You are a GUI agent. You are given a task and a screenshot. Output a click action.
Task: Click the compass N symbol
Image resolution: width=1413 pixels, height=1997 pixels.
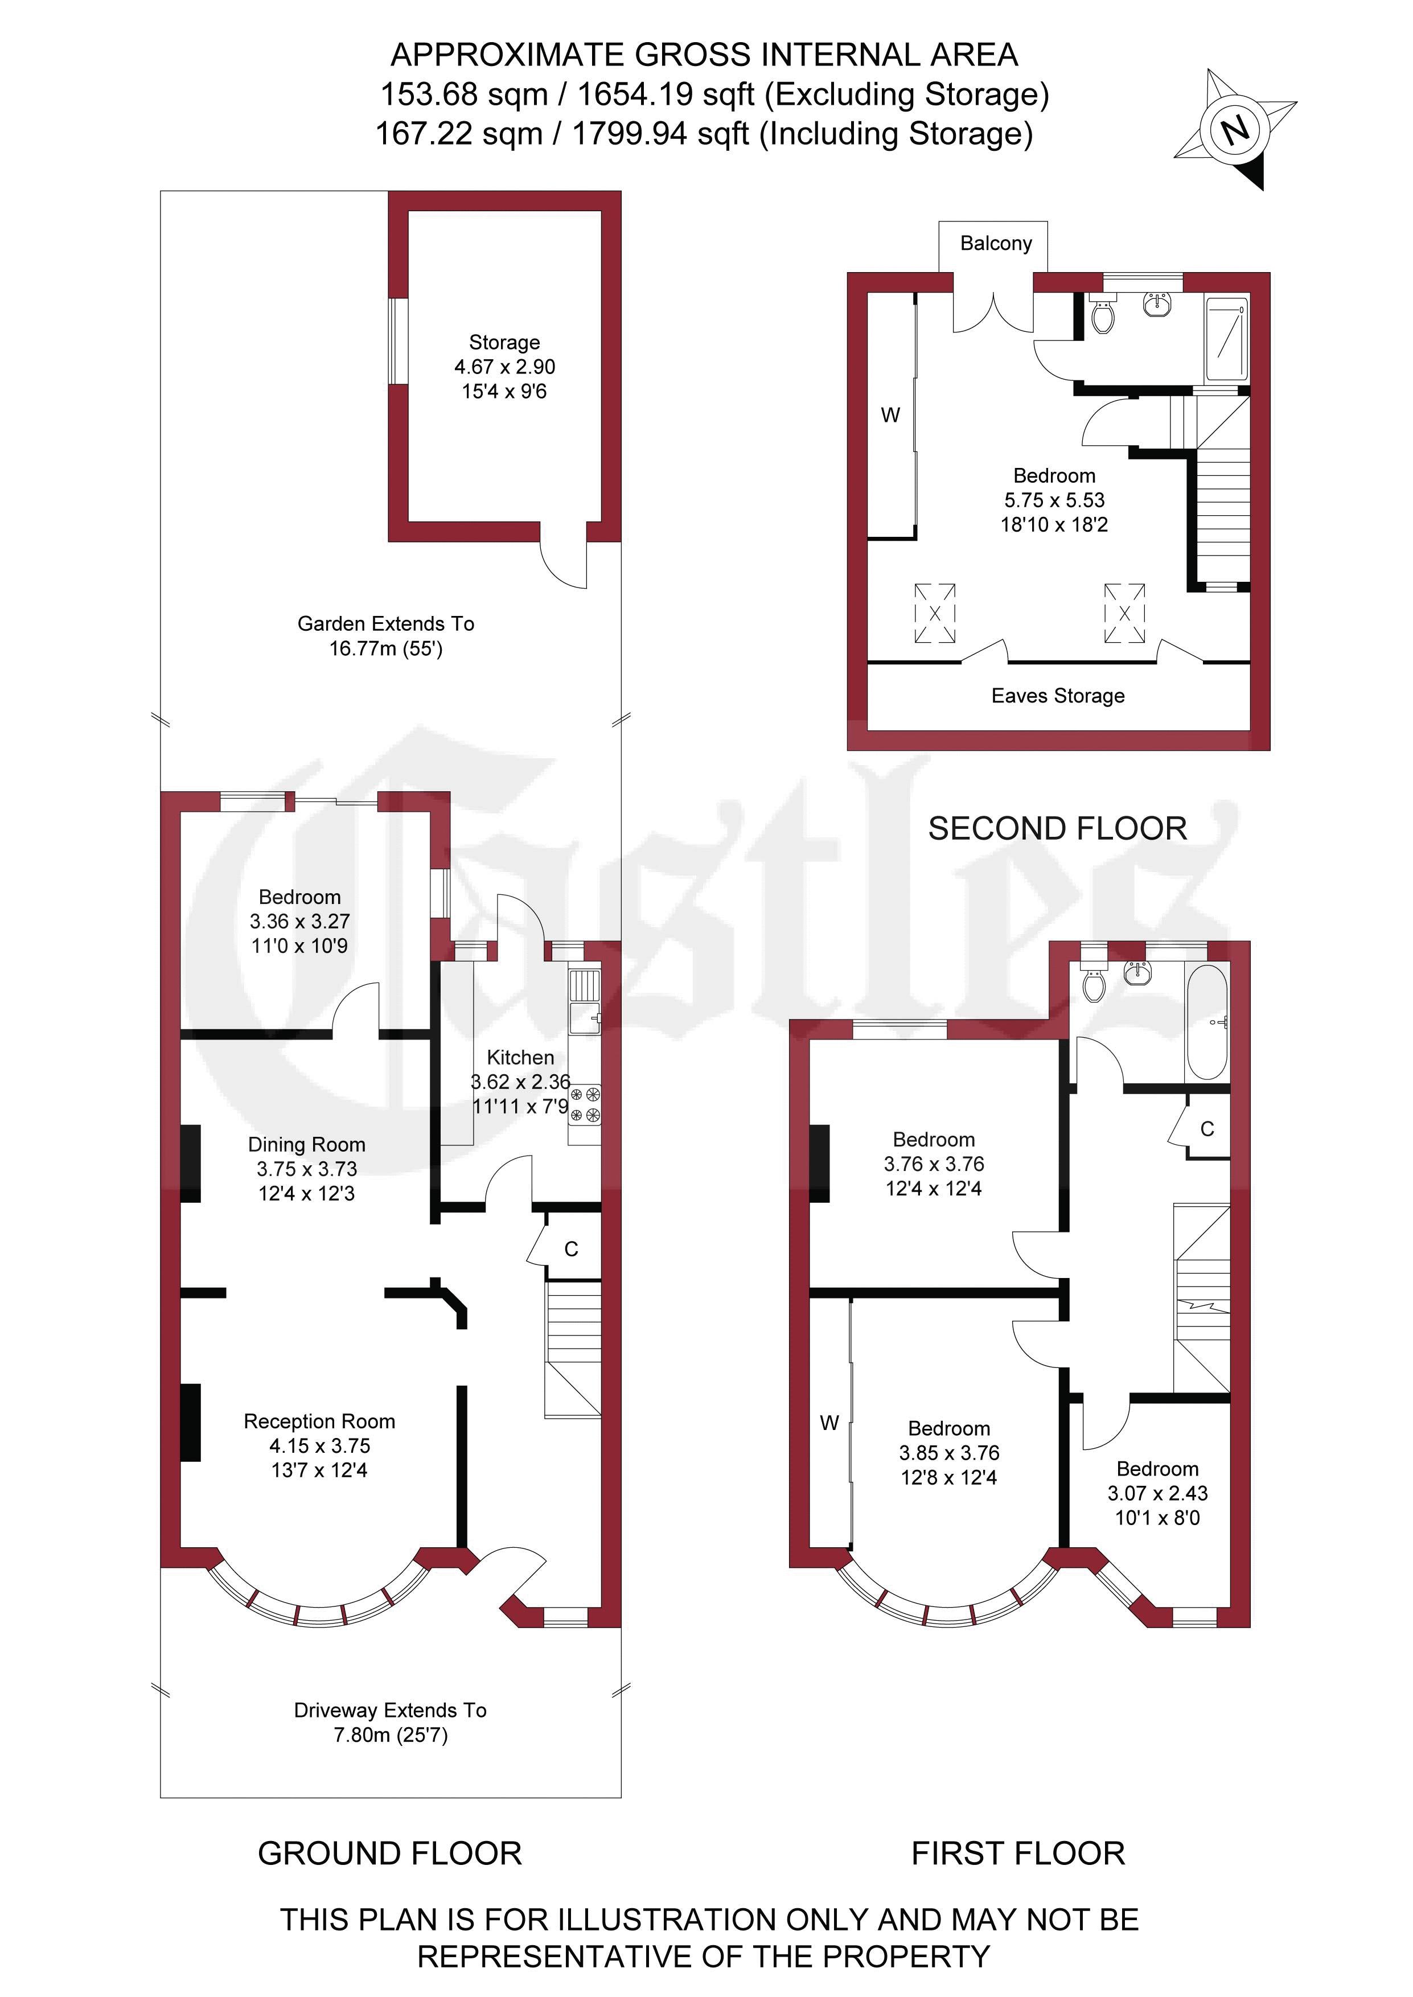pyautogui.click(x=1235, y=130)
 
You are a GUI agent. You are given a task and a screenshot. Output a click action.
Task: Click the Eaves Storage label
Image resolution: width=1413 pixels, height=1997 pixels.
pyautogui.click(x=1058, y=696)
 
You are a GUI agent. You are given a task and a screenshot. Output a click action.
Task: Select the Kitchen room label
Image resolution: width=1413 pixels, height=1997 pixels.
pyautogui.click(x=520, y=1058)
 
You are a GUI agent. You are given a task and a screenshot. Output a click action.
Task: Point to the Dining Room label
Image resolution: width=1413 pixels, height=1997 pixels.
pyautogui.click(x=306, y=1145)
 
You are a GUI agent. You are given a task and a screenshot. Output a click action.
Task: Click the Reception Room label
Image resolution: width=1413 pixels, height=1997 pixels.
pyautogui.click(x=319, y=1421)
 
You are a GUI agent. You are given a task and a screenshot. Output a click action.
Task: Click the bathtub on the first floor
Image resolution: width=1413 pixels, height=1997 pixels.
pyautogui.click(x=1207, y=1022)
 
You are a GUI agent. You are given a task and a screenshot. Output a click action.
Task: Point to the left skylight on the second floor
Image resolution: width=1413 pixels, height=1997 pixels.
pyautogui.click(x=934, y=613)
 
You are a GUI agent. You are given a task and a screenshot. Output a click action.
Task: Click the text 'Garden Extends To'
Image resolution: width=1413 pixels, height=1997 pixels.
pyautogui.click(x=385, y=623)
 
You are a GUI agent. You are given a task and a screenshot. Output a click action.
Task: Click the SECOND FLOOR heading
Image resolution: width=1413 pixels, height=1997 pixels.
pyautogui.click(x=1057, y=829)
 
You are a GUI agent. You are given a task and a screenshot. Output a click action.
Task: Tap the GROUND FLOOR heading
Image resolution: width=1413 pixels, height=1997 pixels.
pyautogui.click(x=390, y=1854)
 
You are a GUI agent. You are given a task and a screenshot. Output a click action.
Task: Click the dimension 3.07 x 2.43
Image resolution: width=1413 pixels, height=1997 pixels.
pyautogui.click(x=1157, y=1493)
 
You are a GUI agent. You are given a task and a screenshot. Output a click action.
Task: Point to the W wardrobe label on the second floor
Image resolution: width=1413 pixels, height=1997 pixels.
pyautogui.click(x=890, y=416)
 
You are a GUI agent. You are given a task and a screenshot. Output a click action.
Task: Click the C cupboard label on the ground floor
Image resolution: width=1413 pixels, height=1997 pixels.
pyautogui.click(x=571, y=1249)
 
